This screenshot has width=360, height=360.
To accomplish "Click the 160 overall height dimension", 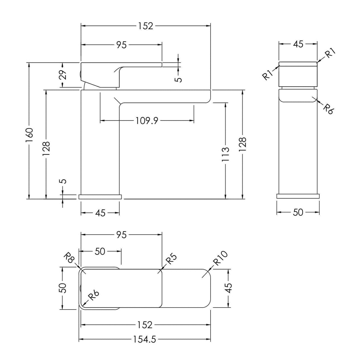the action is (x=30, y=135).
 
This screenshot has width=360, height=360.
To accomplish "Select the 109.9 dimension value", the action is (x=147, y=121).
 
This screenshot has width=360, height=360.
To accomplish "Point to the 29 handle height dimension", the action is (x=63, y=75).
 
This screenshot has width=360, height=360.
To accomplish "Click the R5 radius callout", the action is (x=171, y=259).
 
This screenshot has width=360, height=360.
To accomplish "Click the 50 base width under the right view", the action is (x=298, y=212).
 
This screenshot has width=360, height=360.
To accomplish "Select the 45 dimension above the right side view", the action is (x=298, y=44).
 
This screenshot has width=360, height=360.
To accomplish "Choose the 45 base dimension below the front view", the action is (x=100, y=213).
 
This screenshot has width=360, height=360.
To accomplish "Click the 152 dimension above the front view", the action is (x=146, y=26).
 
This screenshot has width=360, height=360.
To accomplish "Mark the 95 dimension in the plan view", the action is (x=121, y=235).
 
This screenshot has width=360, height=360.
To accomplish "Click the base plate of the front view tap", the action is (x=100, y=197).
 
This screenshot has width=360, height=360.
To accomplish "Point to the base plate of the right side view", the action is (x=298, y=196).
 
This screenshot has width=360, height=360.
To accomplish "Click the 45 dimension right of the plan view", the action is (x=229, y=288).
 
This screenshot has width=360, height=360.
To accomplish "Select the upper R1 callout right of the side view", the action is (x=330, y=53).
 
